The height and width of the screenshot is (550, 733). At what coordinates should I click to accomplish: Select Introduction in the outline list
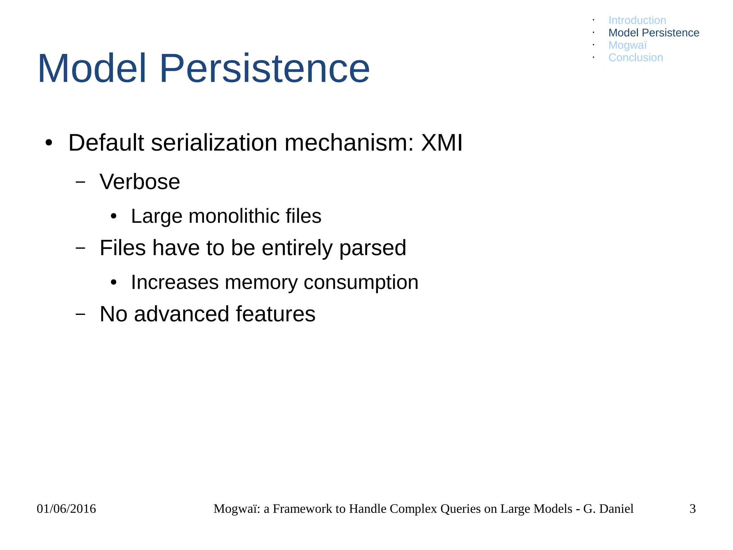[x=637, y=20]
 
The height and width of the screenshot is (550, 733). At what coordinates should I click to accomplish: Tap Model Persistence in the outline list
[x=654, y=33]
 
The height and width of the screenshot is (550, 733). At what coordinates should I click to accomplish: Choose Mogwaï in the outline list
[x=627, y=45]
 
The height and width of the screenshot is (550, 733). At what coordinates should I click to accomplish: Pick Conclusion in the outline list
[x=636, y=58]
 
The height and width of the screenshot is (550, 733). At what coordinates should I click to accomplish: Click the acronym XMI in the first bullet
[x=442, y=143]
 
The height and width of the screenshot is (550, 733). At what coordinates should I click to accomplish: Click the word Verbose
[x=140, y=182]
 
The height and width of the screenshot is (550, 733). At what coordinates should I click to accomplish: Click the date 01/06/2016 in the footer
[x=66, y=509]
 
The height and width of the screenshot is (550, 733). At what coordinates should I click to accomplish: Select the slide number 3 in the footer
[x=693, y=509]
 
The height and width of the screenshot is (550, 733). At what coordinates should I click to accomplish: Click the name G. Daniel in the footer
[x=608, y=509]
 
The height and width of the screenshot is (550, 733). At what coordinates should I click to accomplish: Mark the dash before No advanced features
[x=81, y=314]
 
